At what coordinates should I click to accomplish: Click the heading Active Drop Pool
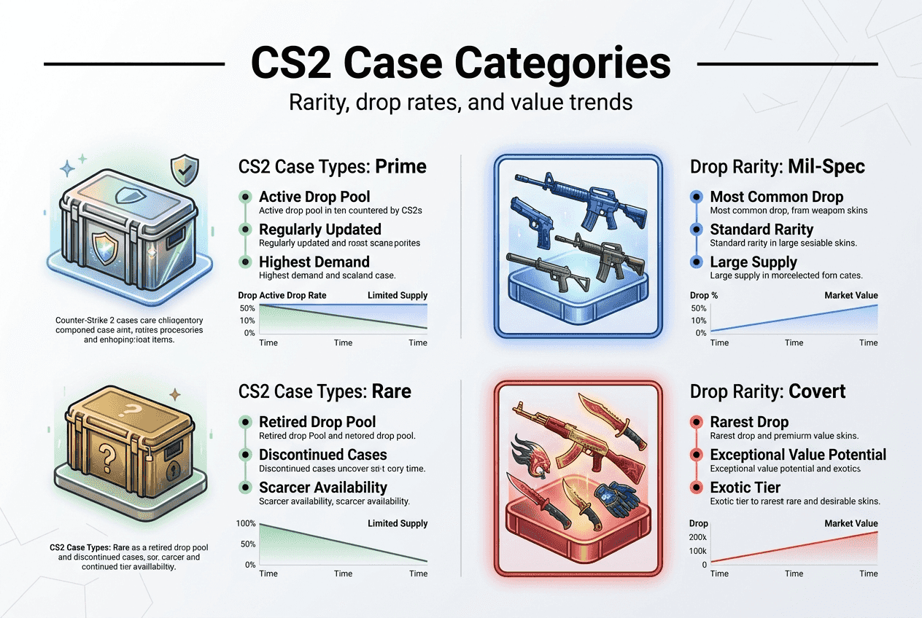tap(314, 197)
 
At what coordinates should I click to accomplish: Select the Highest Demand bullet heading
tap(314, 262)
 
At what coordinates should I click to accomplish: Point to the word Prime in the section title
tap(400, 166)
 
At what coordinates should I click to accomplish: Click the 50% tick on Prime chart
tap(247, 308)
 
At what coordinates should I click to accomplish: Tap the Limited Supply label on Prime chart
tap(398, 295)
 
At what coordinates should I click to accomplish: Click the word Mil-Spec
tap(826, 166)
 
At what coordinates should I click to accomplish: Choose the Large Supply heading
tap(754, 262)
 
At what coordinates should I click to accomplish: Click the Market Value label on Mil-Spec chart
tap(851, 295)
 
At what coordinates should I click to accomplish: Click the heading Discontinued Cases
tap(323, 455)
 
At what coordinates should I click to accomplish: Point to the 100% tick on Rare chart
tap(247, 523)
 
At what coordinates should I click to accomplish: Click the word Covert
tap(816, 391)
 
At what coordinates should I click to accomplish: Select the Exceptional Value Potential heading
tap(798, 455)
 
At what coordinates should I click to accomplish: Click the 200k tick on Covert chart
tap(699, 537)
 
